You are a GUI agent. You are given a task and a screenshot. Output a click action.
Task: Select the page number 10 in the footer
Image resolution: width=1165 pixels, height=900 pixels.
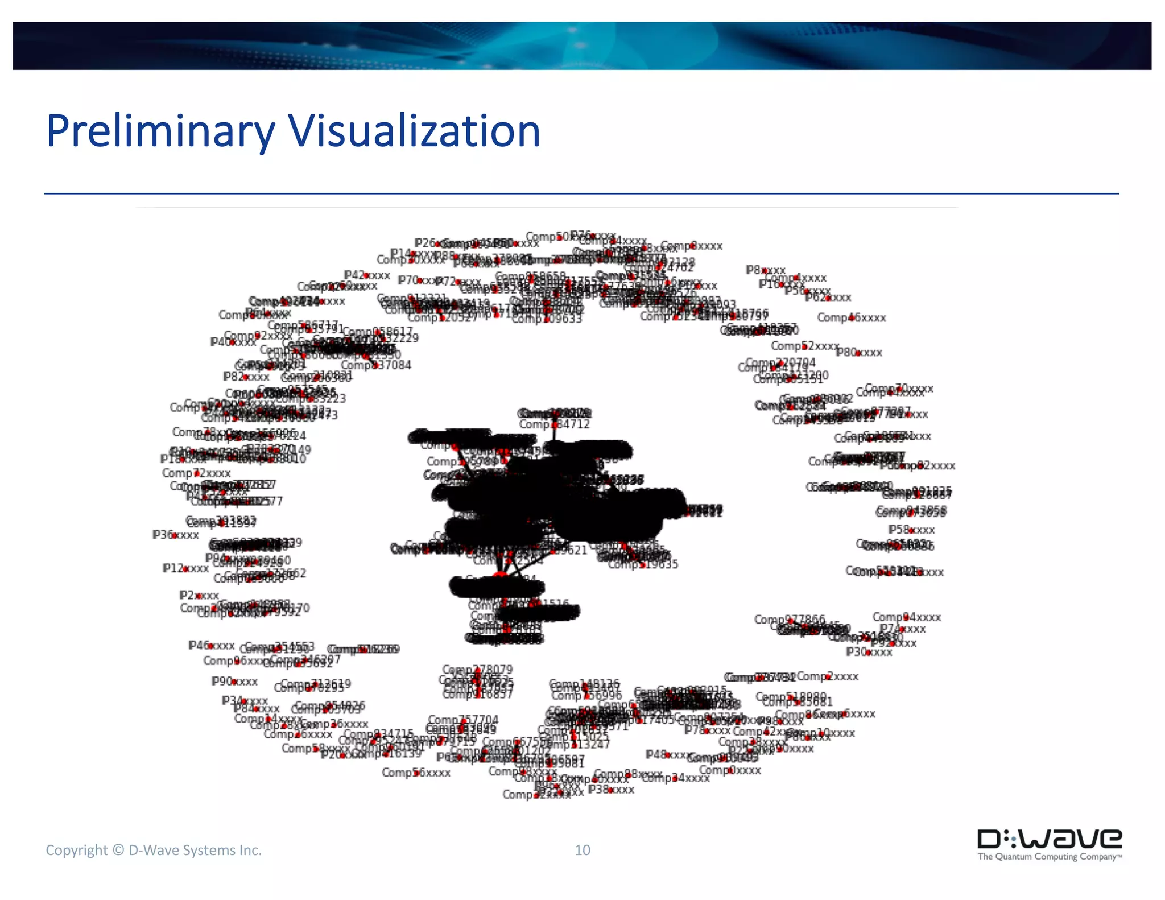tap(582, 850)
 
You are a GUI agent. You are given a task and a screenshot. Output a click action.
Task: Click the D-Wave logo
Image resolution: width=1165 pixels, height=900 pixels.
tap(1049, 845)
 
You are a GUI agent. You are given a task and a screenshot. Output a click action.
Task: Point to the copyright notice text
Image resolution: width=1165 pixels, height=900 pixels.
tap(154, 850)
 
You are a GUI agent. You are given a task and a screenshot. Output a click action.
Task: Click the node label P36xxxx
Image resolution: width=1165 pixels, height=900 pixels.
tap(176, 535)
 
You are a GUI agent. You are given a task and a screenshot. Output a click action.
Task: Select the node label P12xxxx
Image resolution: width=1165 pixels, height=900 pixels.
tap(185, 568)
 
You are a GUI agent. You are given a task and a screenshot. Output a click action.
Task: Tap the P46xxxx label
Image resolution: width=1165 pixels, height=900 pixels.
tap(212, 646)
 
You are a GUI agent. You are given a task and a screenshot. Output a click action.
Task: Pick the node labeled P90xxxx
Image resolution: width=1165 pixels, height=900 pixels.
tap(234, 682)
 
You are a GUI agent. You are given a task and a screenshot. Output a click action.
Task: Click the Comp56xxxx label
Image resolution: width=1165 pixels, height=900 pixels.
tap(416, 773)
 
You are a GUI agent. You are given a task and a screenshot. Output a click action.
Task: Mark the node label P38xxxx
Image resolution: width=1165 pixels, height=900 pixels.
tap(611, 790)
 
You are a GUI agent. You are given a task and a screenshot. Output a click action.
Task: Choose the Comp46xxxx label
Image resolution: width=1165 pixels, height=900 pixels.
tap(852, 318)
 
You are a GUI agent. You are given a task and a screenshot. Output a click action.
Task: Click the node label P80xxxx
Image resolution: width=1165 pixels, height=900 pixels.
tap(859, 353)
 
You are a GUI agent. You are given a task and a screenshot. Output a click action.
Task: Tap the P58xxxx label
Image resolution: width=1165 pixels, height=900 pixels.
tap(911, 530)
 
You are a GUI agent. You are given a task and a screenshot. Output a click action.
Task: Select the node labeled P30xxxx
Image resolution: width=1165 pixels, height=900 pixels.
tap(869, 652)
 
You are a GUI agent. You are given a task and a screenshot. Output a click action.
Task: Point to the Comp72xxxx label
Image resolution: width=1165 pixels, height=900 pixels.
tap(196, 473)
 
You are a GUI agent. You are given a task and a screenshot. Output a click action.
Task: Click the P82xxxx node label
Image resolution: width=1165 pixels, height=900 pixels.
tap(246, 377)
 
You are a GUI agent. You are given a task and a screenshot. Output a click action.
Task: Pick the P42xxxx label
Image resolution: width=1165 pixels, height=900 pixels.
tap(367, 275)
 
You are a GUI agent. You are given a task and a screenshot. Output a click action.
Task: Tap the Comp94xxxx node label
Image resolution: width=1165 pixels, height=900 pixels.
tap(907, 617)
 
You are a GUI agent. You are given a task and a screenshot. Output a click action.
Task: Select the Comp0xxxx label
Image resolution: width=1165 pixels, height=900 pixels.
tap(730, 770)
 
